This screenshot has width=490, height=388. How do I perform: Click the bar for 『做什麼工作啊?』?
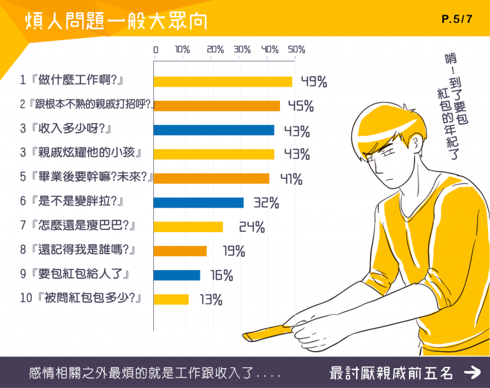tap(223, 82)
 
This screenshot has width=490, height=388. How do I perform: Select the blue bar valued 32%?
tap(198, 203)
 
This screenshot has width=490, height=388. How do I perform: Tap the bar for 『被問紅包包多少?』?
tap(171, 299)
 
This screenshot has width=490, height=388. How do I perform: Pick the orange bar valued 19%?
tap(180, 251)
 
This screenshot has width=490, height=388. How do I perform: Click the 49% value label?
tap(314, 82)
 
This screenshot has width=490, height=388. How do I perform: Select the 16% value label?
tap(221, 276)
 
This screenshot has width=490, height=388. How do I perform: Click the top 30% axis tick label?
tap(242, 49)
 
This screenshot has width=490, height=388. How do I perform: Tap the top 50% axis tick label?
tap(297, 49)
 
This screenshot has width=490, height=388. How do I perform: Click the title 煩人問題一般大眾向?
tap(116, 20)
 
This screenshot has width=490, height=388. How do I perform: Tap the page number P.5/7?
tap(456, 19)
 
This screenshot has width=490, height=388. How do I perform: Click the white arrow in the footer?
tap(471, 373)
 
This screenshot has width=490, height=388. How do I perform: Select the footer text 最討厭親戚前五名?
tap(392, 373)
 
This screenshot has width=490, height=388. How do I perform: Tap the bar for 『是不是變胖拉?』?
tap(198, 203)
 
